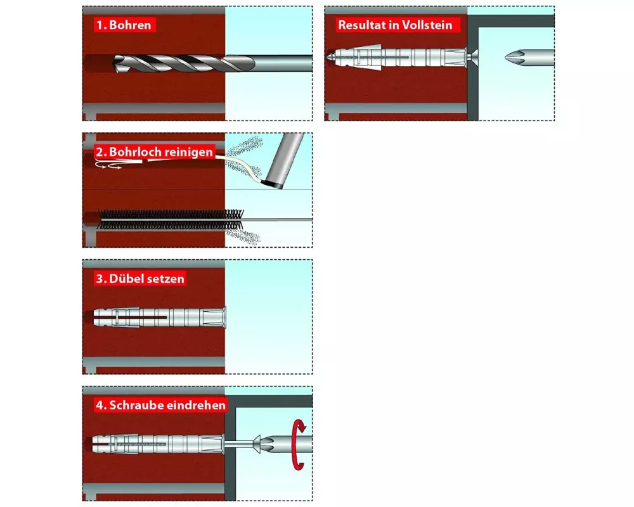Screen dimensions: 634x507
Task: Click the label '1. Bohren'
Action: coord(124,25)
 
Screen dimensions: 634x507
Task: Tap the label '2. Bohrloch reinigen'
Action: coord(155,152)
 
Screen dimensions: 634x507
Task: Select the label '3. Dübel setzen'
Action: coord(140,279)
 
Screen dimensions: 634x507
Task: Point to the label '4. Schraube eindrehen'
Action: coord(161,405)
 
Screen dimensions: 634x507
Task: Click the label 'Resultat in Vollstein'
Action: coord(395,25)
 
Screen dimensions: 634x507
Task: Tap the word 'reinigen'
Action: coord(188,152)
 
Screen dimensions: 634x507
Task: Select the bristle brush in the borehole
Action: coord(171,220)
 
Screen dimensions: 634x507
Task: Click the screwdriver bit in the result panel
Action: coord(529,58)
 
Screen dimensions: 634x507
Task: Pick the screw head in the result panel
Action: coord(472,58)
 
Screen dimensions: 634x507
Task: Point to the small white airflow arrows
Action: coord(108,165)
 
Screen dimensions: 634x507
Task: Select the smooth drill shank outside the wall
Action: coord(283,63)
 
